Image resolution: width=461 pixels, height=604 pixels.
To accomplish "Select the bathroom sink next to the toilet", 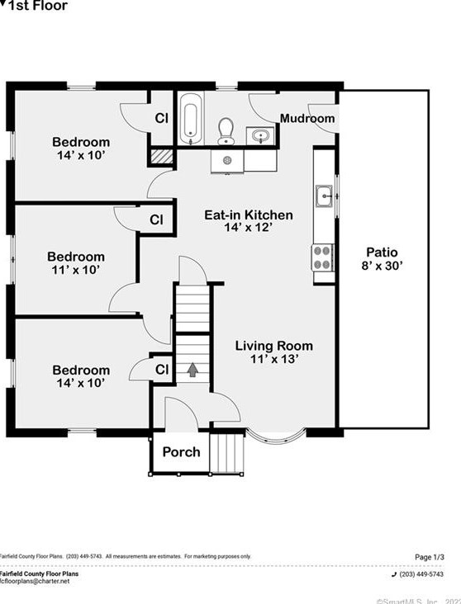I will coord(262,135).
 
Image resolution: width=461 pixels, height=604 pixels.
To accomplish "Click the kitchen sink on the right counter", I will coord(324,196).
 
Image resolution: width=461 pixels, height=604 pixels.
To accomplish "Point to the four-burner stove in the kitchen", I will coord(323,257).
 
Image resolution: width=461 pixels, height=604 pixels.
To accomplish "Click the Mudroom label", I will coord(307,119).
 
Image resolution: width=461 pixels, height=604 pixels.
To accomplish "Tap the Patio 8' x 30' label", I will coord(383,259).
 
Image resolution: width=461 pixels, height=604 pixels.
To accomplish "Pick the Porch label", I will coord(181,451).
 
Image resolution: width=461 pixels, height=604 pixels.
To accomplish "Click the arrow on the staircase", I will coord(192,370).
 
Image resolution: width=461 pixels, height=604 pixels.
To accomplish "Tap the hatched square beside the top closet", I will coord(161,156).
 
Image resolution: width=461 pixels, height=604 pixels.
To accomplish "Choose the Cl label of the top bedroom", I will coord(162,118).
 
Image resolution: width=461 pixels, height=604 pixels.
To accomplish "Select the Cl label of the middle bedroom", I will coord(156,219).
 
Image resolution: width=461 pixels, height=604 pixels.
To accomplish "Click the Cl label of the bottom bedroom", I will coord(162,368).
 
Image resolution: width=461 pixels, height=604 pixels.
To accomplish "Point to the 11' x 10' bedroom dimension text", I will coord(76,270).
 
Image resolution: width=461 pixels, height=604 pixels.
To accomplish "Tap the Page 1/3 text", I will coord(428,557).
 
